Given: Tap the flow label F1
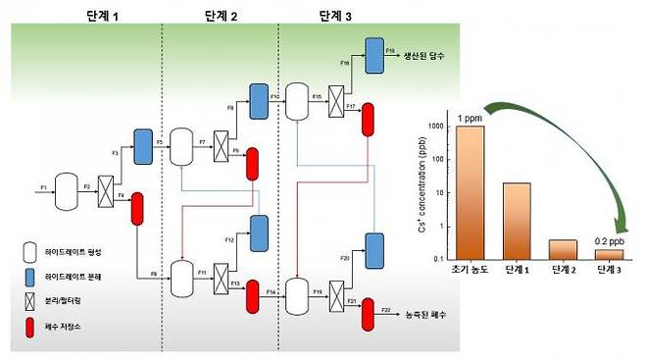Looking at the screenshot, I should coord(43,185).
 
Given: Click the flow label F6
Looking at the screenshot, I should coord(153,274).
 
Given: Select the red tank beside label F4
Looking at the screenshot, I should coord(137,209).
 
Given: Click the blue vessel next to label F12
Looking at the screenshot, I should coord(260,231).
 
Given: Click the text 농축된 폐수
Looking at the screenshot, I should coord(425,316).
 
